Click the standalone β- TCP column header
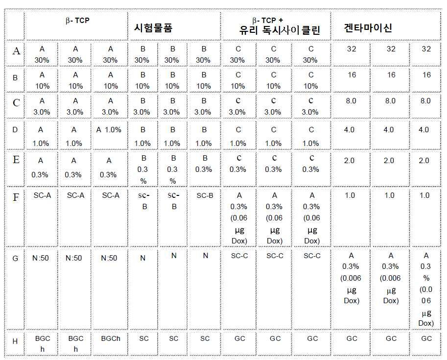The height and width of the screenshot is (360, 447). [77, 21]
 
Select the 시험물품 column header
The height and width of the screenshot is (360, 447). [153, 28]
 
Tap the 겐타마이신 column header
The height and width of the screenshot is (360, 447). [368, 27]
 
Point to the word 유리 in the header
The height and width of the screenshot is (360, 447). [249, 30]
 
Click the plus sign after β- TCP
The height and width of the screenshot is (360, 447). [281, 20]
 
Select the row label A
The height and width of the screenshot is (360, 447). [16, 51]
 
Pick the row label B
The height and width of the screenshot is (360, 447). [15, 77]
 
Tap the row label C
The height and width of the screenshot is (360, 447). [16, 103]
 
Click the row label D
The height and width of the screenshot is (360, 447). [15, 130]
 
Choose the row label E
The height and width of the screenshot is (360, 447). [16, 160]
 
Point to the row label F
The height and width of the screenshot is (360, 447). [16, 197]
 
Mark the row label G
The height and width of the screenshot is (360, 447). [15, 259]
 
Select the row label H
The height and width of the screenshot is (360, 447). [15, 341]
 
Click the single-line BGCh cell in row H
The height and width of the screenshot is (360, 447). [111, 338]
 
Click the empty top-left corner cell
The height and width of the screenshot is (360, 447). [15, 25]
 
